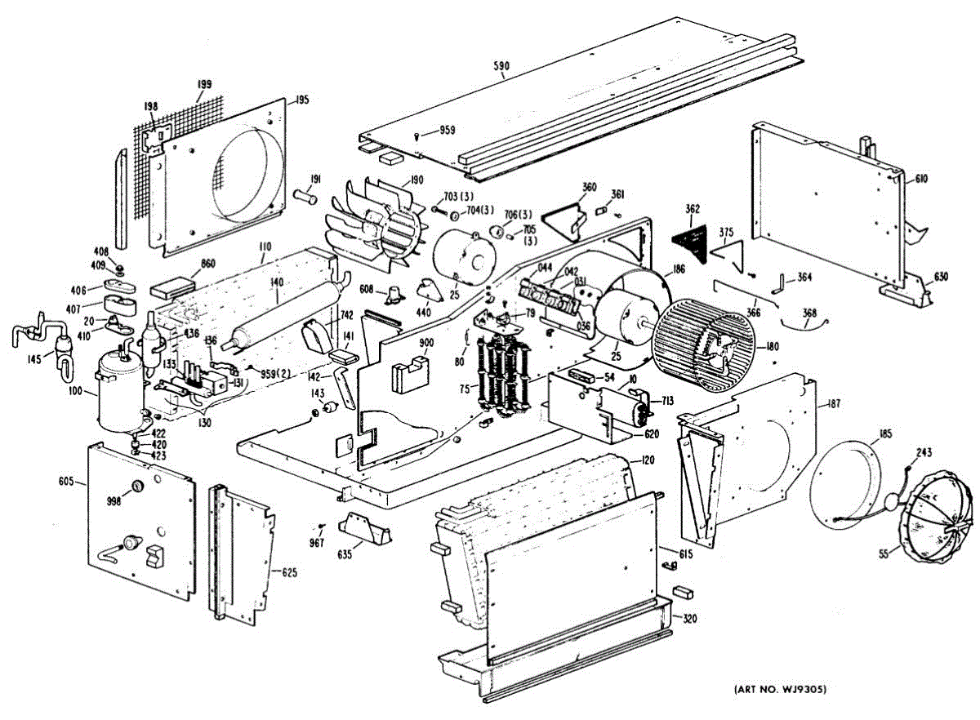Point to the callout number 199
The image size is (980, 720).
204,85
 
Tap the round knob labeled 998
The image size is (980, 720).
136,487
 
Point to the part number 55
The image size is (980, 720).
883,553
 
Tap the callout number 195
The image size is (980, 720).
302,100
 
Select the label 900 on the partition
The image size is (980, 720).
403,344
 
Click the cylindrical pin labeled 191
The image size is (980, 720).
308,196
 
